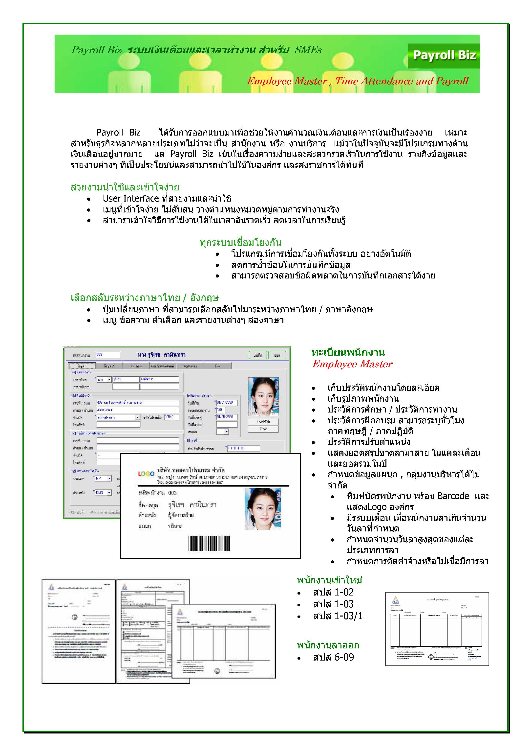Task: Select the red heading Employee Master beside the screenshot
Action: pyautogui.click(x=352, y=364)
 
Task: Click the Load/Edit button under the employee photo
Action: pyautogui.click(x=263, y=422)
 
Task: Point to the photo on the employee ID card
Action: pyautogui.click(x=263, y=509)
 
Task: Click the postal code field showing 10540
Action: pyautogui.click(x=171, y=417)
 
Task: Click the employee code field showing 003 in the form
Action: pyautogui.click(x=107, y=355)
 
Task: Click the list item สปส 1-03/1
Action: pyautogui.click(x=338, y=616)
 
